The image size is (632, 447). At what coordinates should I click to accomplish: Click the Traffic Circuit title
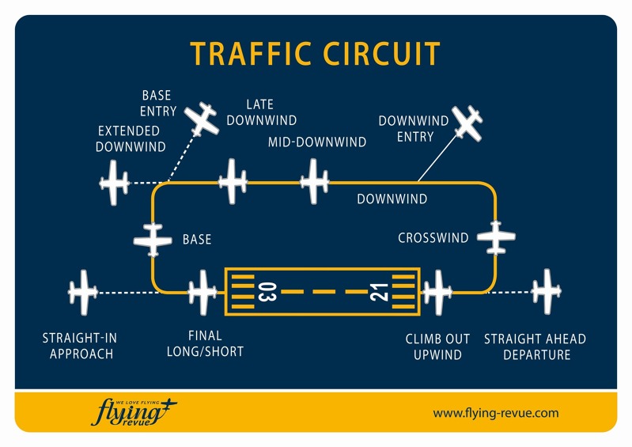click(315, 54)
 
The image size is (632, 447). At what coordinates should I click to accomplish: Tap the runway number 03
click(266, 292)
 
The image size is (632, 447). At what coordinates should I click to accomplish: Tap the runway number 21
click(380, 292)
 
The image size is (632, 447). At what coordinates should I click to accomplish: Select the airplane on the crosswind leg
click(496, 237)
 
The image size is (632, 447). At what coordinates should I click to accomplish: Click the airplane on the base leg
click(153, 239)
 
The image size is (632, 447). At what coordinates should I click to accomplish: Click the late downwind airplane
click(233, 181)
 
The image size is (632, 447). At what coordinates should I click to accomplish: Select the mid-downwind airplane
click(314, 181)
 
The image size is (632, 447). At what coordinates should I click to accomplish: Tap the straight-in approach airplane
click(82, 292)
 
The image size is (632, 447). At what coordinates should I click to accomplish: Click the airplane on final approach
click(202, 292)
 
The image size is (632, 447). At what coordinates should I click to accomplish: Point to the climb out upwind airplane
click(436, 292)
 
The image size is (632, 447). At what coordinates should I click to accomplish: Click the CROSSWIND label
click(433, 237)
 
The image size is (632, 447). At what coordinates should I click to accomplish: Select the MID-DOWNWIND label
click(316, 142)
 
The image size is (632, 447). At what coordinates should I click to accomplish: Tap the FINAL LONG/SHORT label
click(205, 344)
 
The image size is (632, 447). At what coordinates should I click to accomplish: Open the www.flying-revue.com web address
click(496, 413)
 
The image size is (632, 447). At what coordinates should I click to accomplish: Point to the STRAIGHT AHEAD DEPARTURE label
click(535, 347)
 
